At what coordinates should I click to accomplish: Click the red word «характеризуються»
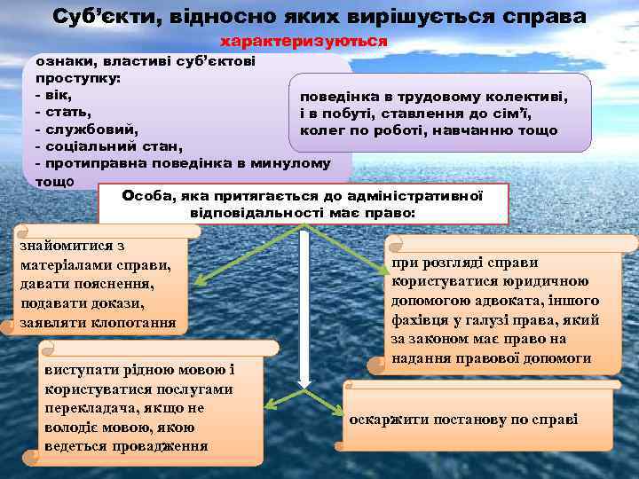[304, 42]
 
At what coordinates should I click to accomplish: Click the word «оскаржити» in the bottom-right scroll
[387, 419]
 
